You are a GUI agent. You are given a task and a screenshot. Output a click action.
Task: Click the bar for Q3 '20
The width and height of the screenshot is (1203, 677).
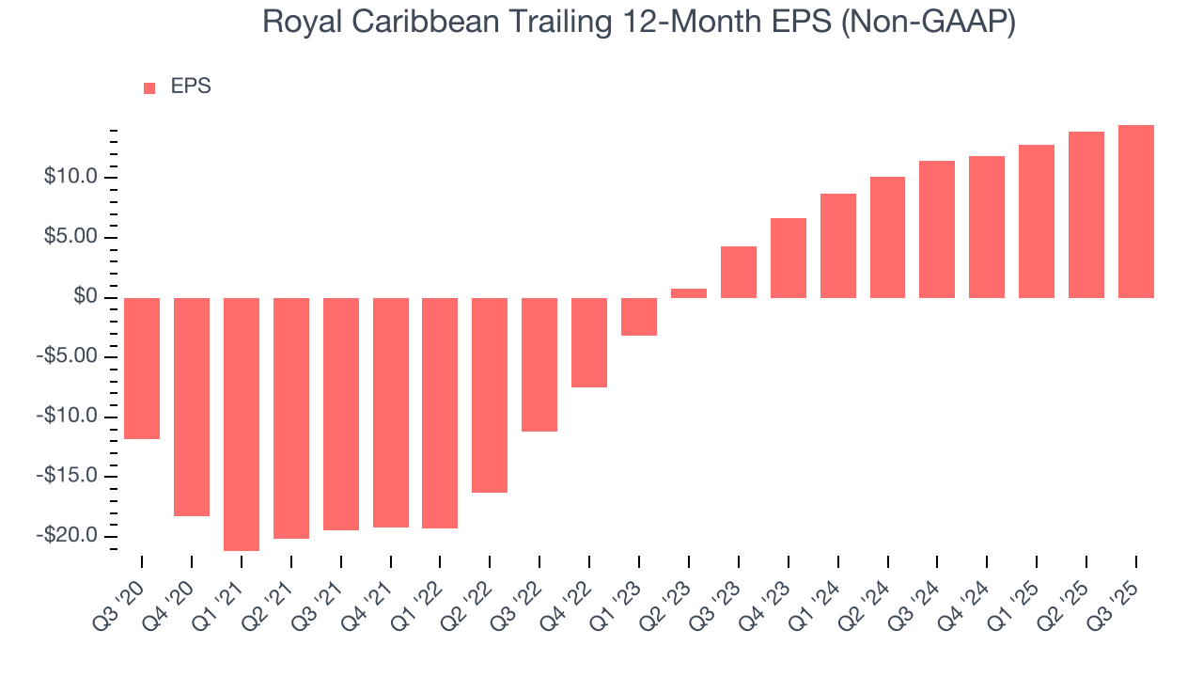pos(142,369)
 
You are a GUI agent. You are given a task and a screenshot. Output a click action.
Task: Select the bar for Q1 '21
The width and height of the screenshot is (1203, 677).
pos(242,424)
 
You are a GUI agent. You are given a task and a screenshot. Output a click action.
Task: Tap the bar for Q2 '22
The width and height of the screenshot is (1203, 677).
pos(490,395)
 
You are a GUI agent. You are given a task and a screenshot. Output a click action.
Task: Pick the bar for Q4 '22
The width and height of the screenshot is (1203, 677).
pos(589,342)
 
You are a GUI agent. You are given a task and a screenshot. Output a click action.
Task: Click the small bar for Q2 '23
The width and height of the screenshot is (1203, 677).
pos(689,293)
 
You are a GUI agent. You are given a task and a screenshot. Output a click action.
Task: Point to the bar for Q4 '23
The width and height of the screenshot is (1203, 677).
pos(789,258)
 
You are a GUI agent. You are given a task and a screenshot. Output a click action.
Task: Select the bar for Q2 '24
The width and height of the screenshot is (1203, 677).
pos(887,237)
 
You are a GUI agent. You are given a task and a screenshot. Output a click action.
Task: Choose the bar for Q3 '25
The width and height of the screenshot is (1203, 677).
pos(1136,212)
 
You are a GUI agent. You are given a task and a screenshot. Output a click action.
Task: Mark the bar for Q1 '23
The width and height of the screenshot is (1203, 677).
pos(639,317)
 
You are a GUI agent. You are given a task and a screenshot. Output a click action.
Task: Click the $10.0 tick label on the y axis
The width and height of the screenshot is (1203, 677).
pos(71,178)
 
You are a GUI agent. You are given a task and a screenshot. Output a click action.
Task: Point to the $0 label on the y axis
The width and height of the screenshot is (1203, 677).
pos(86,297)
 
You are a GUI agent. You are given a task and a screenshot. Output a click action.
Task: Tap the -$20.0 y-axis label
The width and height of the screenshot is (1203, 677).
pos(69,536)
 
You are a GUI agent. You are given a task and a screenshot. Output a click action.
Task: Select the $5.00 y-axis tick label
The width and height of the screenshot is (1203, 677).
pos(71,238)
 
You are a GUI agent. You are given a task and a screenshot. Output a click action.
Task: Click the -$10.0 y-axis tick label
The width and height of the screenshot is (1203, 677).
pos(69,417)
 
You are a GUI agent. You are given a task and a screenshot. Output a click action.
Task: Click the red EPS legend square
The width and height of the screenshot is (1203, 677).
pos(149,88)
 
